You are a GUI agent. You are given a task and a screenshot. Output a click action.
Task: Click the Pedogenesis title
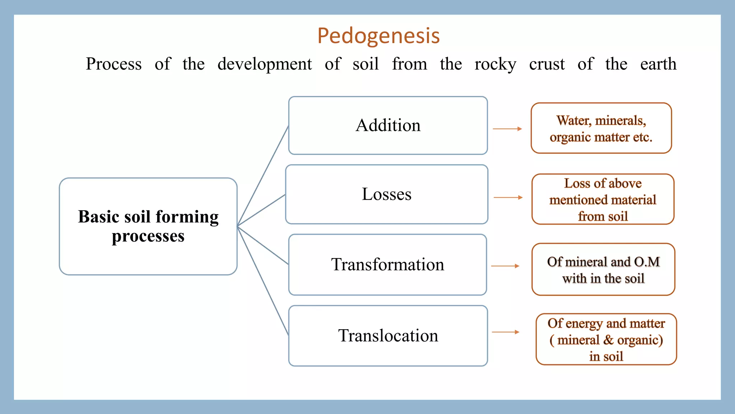click(x=379, y=36)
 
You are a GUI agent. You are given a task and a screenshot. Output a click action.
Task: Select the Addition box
click(x=388, y=125)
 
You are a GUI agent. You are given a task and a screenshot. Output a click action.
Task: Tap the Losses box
click(x=387, y=194)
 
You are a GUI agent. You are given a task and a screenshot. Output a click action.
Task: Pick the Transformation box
click(x=388, y=265)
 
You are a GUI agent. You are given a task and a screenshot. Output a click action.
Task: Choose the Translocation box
click(x=388, y=336)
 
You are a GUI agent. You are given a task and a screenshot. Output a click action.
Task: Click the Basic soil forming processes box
click(x=148, y=226)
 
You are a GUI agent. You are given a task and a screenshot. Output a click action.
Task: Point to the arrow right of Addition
click(x=507, y=129)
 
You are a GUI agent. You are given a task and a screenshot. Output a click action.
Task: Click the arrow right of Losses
click(x=508, y=197)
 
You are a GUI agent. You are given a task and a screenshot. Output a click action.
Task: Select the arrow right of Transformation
click(x=505, y=266)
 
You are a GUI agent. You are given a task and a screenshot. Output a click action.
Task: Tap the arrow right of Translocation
click(x=505, y=332)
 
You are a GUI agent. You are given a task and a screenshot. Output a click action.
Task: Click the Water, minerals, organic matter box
click(x=601, y=128)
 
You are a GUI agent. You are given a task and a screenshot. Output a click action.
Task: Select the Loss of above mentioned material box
click(x=603, y=199)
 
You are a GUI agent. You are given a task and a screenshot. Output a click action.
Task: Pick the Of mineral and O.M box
click(x=603, y=270)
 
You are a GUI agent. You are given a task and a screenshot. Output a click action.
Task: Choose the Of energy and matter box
click(x=606, y=339)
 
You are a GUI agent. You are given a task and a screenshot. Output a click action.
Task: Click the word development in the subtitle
click(x=264, y=64)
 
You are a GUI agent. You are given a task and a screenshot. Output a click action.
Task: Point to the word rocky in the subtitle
click(x=495, y=64)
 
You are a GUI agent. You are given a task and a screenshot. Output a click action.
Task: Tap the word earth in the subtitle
click(x=658, y=64)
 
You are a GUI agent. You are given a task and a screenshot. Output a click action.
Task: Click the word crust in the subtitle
click(x=547, y=64)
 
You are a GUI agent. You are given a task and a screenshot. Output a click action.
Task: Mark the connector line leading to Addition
click(x=263, y=176)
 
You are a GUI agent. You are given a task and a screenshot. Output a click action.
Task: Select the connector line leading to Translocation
click(x=263, y=281)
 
